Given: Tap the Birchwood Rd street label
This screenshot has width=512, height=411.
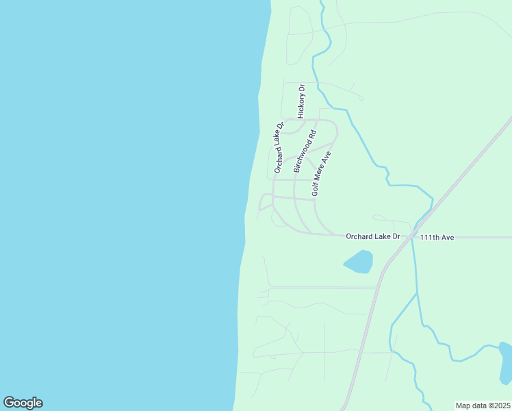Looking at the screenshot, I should pyautogui.click(x=305, y=151).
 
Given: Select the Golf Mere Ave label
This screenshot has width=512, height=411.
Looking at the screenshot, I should pyautogui.click(x=321, y=174).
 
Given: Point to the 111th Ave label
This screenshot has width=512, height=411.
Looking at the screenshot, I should pyautogui.click(x=437, y=237).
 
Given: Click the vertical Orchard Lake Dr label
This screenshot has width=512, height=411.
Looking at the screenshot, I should pyautogui.click(x=279, y=147).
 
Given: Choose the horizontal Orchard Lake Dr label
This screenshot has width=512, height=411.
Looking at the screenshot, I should pyautogui.click(x=372, y=236).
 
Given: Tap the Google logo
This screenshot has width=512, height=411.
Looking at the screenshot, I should pyautogui.click(x=23, y=403).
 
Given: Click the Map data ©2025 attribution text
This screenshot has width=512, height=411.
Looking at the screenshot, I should pyautogui.click(x=483, y=406).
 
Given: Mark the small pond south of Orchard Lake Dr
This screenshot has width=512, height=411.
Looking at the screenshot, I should pyautogui.click(x=359, y=262).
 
